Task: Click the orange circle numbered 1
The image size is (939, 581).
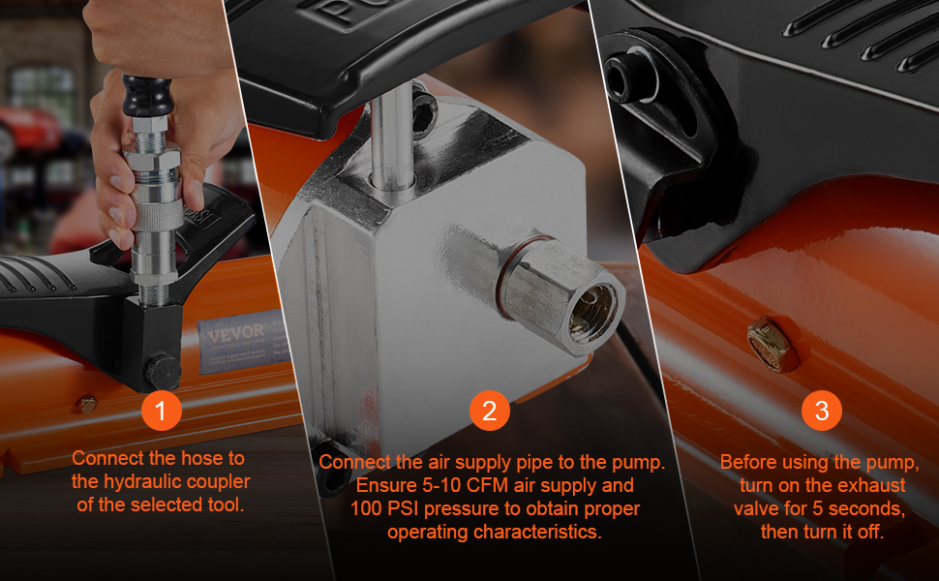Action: coord(161,411)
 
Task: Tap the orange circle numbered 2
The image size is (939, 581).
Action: coord(489,411)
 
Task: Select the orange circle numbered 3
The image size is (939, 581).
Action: coord(822,411)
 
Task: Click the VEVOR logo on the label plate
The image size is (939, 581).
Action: coord(236,333)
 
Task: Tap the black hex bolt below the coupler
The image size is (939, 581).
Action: coord(163,372)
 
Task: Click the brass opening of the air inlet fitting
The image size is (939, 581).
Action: coord(593,313)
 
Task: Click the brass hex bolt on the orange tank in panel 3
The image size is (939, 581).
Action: coord(771,344)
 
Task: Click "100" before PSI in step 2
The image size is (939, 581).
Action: coord(366,508)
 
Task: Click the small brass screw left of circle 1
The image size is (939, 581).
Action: coord(88,405)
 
